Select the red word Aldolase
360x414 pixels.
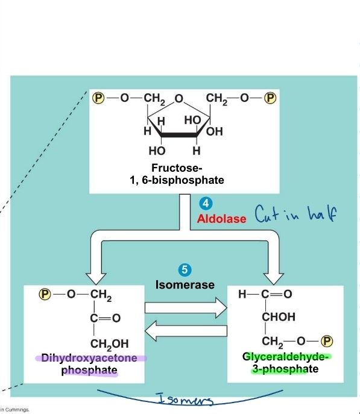pyautogui.click(x=221, y=218)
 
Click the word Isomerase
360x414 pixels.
pyautogui.click(x=185, y=284)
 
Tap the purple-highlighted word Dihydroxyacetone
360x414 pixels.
pyautogui.click(x=91, y=358)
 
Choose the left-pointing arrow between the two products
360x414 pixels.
pyautogui.click(x=185, y=330)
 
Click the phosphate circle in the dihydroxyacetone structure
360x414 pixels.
pyautogui.click(x=44, y=294)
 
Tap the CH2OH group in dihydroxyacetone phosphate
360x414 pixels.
pyautogui.click(x=109, y=343)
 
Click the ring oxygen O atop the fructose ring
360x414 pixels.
pyautogui.click(x=178, y=99)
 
